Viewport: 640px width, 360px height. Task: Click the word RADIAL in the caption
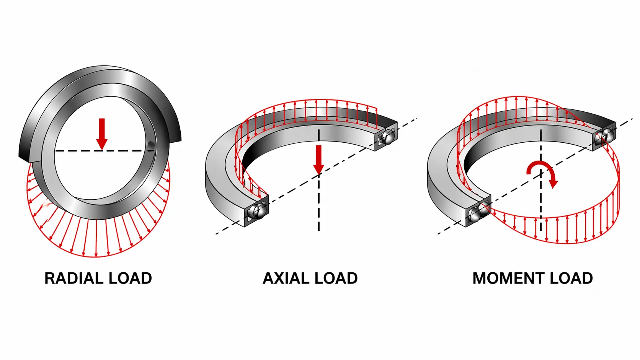pos(74,279)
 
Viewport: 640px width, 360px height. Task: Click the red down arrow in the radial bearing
pos(102,134)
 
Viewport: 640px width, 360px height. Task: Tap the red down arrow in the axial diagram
pos(318,160)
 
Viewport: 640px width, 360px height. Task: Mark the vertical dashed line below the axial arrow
pos(318,203)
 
